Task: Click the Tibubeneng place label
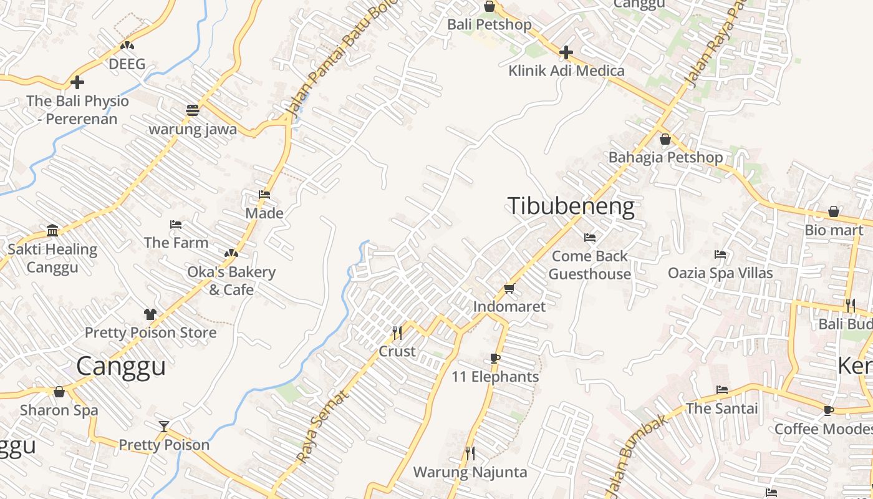(x=571, y=206)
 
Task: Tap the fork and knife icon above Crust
(x=397, y=332)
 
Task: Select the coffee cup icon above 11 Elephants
(x=495, y=358)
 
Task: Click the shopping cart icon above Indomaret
(x=509, y=288)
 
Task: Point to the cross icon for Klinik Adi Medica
(x=566, y=52)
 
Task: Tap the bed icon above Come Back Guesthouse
(x=589, y=238)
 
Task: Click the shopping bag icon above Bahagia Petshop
(x=665, y=139)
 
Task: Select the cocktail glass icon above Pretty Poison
(x=164, y=427)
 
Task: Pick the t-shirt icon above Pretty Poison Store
(x=150, y=314)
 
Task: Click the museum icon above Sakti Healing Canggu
(x=52, y=231)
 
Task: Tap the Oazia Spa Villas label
(x=720, y=273)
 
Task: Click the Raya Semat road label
(x=319, y=427)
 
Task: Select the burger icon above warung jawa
(x=193, y=110)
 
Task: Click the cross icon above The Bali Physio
(x=77, y=82)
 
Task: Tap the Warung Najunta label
(x=470, y=472)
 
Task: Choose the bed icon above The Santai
(x=722, y=390)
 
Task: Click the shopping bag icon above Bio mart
(x=834, y=212)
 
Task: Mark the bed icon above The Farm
(x=176, y=225)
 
